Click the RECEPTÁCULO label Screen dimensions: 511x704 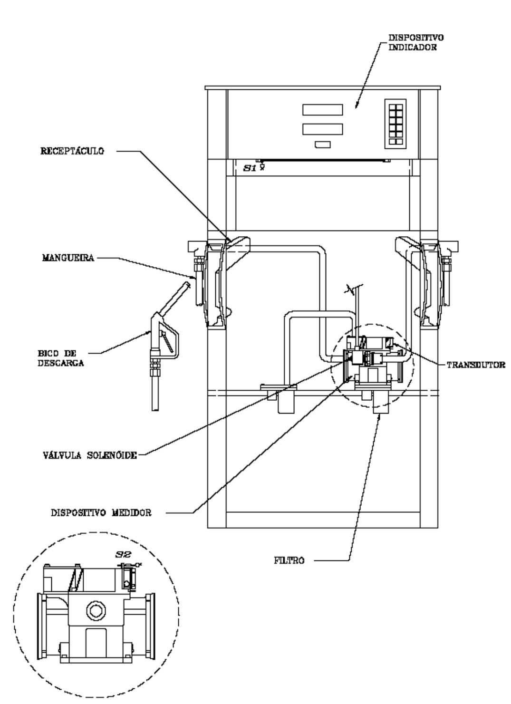click(72, 151)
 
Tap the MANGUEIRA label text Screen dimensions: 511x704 click(68, 258)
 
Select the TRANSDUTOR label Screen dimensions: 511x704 click(476, 365)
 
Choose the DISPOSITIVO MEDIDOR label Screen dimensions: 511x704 click(101, 512)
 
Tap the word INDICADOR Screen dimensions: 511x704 click(413, 48)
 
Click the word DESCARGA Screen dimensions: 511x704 click(61, 363)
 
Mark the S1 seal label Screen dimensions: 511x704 click(250, 168)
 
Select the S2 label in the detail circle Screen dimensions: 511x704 click(123, 554)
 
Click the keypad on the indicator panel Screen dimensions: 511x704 click(395, 124)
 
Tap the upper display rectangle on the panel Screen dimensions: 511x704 click(322, 110)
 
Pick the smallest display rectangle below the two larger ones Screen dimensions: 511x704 click(323, 144)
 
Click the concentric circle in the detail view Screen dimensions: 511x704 click(96, 610)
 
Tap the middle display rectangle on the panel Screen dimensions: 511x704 click(322, 129)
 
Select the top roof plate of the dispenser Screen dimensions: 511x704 click(322, 87)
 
